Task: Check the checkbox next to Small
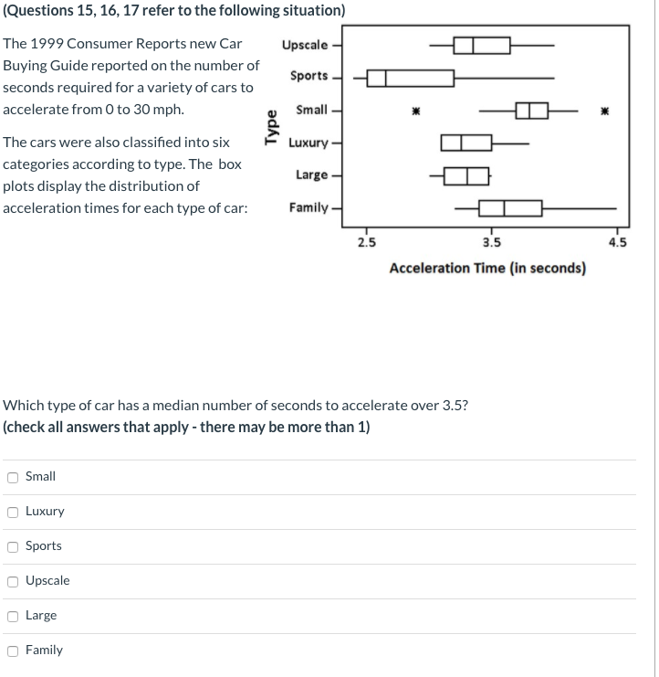point(13,477)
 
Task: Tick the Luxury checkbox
point(13,512)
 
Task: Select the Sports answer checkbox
point(13,546)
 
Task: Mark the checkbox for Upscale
point(13,581)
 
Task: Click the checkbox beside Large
point(13,616)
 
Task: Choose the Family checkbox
point(13,651)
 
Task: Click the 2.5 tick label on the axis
point(365,243)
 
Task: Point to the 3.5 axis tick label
point(491,243)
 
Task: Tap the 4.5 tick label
point(617,243)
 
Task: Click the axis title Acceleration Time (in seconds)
point(487,268)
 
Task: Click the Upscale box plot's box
point(482,45)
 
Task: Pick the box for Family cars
point(510,208)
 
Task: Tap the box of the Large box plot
point(465,175)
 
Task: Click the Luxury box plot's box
point(465,143)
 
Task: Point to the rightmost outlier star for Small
point(603,111)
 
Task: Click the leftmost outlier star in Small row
point(413,111)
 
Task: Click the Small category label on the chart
point(312,110)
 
